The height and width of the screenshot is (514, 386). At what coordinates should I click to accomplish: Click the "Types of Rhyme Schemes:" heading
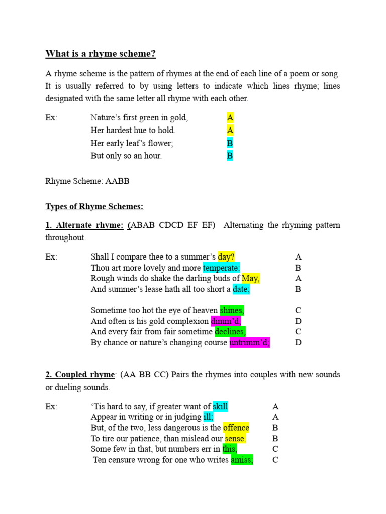coord(94,206)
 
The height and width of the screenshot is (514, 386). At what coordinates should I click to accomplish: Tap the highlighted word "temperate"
coord(222,268)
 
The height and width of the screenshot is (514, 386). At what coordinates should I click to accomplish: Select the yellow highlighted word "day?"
coord(226,257)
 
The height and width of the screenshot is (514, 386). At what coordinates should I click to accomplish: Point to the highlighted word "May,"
coord(250,278)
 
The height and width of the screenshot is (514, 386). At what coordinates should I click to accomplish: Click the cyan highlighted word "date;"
coord(241,289)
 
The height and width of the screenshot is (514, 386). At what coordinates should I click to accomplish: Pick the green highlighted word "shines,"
coord(232,310)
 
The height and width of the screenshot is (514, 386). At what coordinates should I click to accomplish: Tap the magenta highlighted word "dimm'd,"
coord(226,321)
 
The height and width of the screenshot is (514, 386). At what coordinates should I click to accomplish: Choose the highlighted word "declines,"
coord(230,332)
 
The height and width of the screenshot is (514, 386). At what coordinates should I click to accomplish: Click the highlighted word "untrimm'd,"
coord(250,343)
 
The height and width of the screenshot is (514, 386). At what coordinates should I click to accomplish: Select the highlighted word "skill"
coord(220,406)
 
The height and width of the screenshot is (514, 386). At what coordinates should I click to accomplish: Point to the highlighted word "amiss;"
coord(242,460)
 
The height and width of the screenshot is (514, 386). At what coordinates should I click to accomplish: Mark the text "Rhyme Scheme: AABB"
coord(87,181)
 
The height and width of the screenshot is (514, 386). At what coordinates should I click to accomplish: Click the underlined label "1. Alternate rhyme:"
coord(84,225)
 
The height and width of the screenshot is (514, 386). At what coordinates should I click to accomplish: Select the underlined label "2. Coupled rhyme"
coord(80,374)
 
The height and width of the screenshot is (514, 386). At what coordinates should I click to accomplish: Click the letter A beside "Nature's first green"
coord(230,118)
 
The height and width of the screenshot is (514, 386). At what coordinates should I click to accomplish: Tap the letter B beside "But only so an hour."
coord(230,156)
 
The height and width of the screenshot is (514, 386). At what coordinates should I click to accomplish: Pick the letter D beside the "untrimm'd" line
coord(298,343)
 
